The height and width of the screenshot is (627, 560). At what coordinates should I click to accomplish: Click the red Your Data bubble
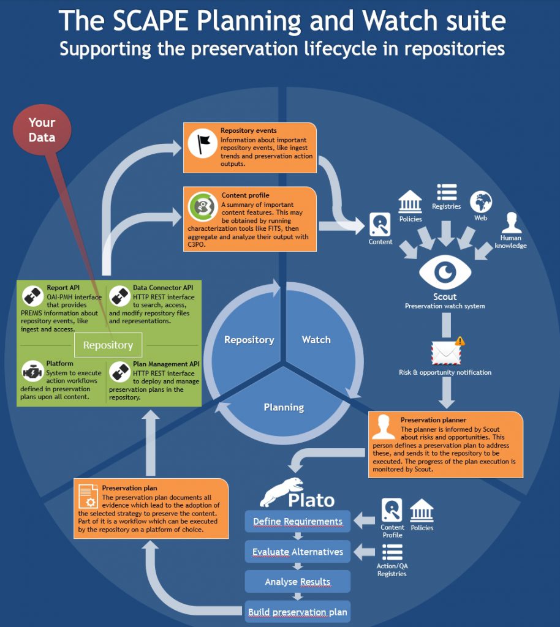[x=41, y=129]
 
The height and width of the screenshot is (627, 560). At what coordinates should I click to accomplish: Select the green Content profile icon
[x=202, y=207]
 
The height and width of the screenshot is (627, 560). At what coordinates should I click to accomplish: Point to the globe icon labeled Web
[x=481, y=202]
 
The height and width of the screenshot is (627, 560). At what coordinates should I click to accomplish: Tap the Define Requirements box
[x=298, y=522]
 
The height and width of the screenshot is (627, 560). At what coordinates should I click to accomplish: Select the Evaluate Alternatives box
[x=298, y=552]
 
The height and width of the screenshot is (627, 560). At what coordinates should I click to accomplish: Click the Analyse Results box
[x=298, y=582]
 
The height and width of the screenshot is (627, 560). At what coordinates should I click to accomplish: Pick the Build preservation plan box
[x=298, y=612]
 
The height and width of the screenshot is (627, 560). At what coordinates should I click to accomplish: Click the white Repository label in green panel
[x=108, y=345]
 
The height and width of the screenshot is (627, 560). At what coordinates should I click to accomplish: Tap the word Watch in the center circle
[x=316, y=339]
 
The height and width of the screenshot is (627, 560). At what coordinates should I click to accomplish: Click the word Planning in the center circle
[x=284, y=407]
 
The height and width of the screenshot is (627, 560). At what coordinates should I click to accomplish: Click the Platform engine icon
[x=32, y=371]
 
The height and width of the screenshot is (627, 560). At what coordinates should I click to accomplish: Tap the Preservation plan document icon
[x=88, y=495]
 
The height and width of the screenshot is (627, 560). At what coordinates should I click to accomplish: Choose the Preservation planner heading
[x=433, y=420]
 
